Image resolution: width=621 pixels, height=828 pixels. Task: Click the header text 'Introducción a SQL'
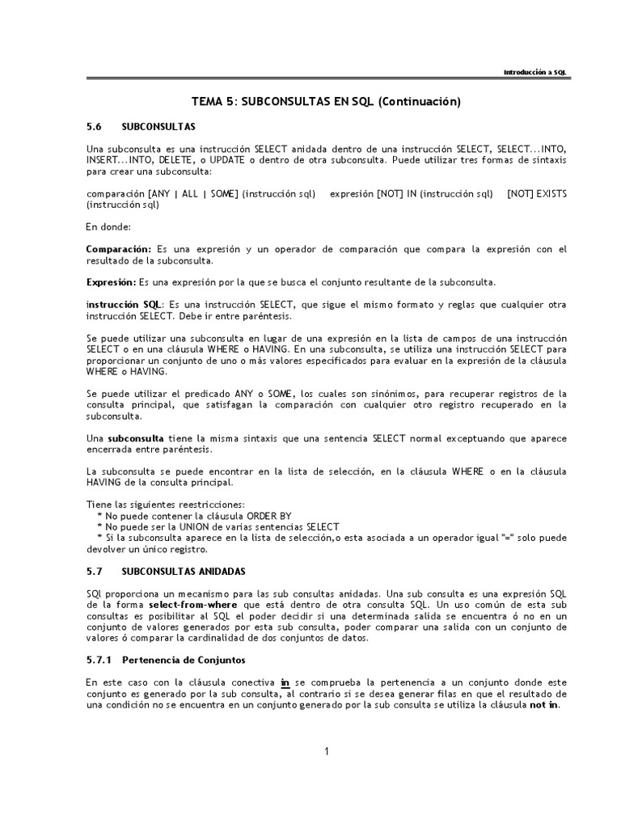(535, 72)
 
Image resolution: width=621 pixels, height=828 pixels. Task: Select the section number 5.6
(95, 127)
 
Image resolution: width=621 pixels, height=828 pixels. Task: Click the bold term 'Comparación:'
(119, 249)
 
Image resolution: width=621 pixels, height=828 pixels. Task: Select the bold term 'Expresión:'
(112, 281)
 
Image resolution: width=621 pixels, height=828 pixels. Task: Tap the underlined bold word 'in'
(285, 682)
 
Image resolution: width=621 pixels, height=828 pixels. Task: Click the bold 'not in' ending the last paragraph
(544, 705)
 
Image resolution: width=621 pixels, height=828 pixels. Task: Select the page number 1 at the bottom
(327, 752)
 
